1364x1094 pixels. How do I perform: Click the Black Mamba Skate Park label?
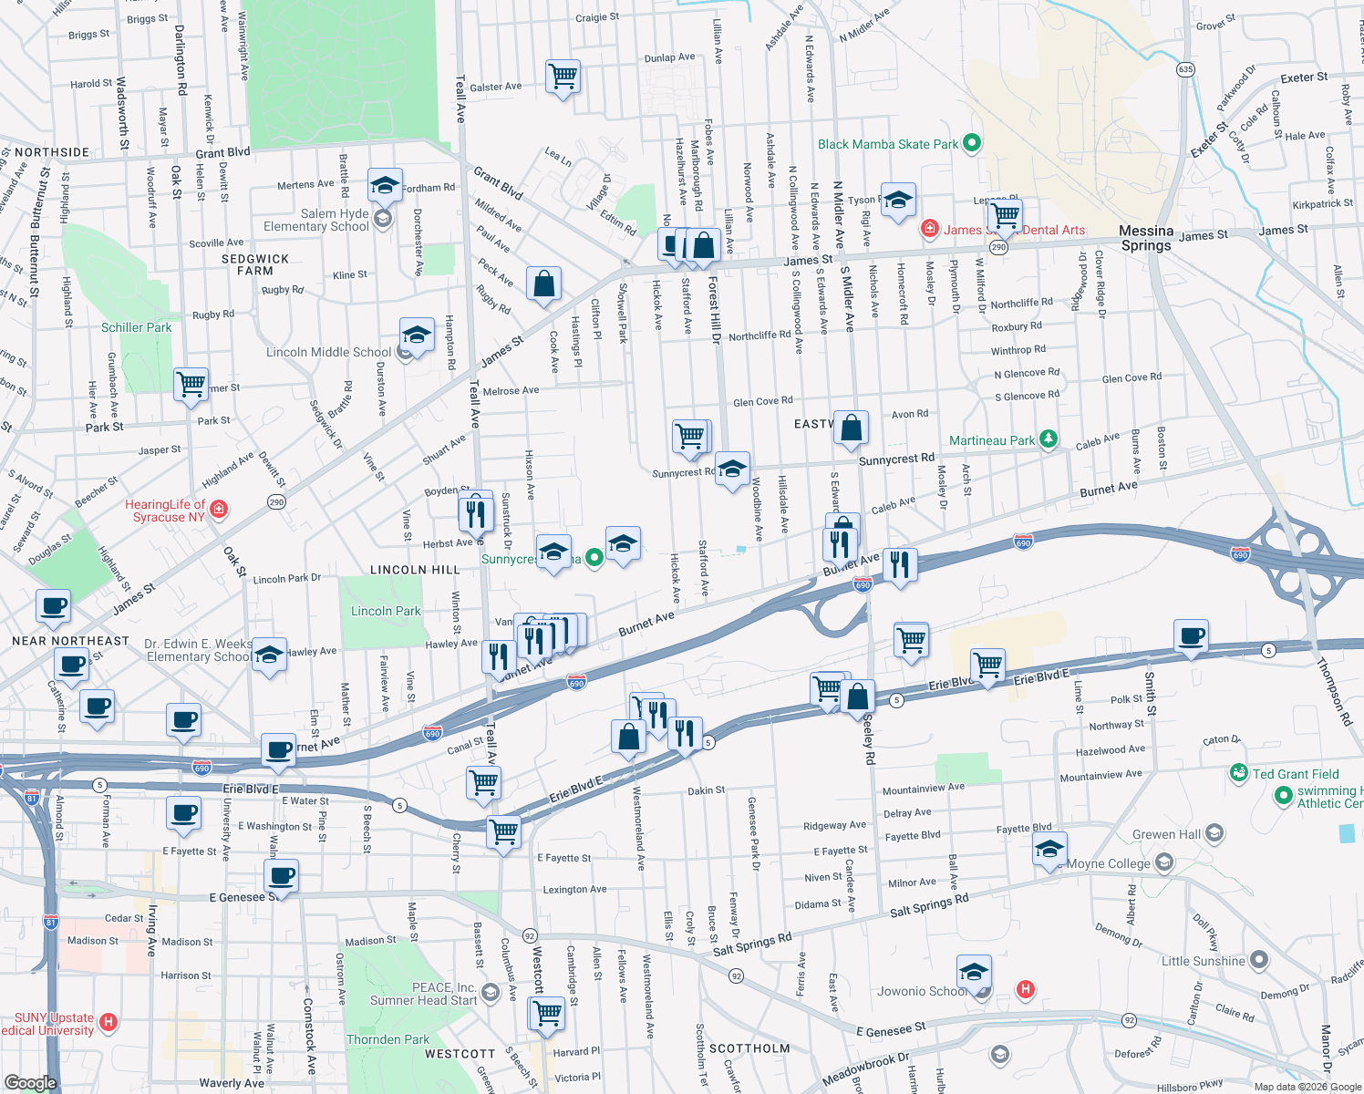click(x=887, y=144)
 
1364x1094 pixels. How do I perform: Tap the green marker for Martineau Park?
click(x=1049, y=439)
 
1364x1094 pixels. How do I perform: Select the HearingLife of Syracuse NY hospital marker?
click(x=219, y=509)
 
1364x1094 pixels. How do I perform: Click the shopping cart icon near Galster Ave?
click(x=563, y=77)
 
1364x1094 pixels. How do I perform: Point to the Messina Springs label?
click(x=1146, y=238)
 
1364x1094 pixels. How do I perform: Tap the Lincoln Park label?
click(x=386, y=611)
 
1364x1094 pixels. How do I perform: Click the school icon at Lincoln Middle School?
click(x=417, y=335)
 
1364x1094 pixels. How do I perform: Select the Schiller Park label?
click(x=136, y=327)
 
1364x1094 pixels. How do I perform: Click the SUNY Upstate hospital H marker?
click(x=108, y=1022)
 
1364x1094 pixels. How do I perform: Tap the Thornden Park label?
click(x=387, y=1039)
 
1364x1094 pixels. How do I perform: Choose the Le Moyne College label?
click(x=1108, y=863)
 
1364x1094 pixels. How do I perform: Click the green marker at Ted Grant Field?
click(x=1238, y=773)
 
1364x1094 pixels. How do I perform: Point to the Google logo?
click(x=30, y=1083)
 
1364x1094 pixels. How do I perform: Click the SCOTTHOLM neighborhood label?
click(x=749, y=1048)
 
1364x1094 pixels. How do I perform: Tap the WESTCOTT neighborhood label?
click(x=460, y=1054)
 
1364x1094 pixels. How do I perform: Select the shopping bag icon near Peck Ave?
click(x=543, y=284)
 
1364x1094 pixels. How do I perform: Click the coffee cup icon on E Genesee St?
click(x=282, y=876)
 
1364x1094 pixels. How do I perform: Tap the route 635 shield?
click(x=1185, y=69)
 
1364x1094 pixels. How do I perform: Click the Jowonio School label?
click(x=921, y=991)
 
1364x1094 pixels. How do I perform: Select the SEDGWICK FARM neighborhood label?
click(x=255, y=264)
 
